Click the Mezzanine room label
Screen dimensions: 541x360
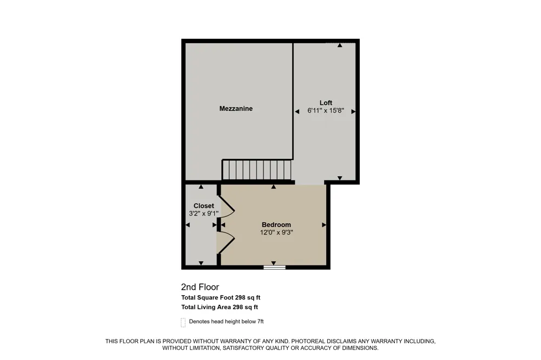pyautogui.click(x=236, y=109)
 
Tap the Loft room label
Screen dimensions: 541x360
pyautogui.click(x=326, y=103)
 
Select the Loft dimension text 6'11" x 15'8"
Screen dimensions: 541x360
pyautogui.click(x=326, y=111)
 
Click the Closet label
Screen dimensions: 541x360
pyautogui.click(x=203, y=206)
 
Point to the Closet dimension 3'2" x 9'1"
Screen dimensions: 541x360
pyautogui.click(x=203, y=214)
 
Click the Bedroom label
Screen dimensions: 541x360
pyautogui.click(x=276, y=225)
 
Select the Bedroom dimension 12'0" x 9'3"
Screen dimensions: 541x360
pyautogui.click(x=276, y=232)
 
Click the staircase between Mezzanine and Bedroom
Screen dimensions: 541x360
pyautogui.click(x=256, y=170)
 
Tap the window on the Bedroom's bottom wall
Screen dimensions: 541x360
pyautogui.click(x=274, y=267)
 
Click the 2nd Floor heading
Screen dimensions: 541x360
pyautogui.click(x=200, y=287)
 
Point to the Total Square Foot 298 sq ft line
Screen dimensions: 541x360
pyautogui.click(x=221, y=298)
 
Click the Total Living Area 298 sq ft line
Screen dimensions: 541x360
pyautogui.click(x=220, y=307)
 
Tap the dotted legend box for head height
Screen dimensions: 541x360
pyautogui.click(x=183, y=322)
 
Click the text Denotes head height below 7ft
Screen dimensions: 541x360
pyautogui.click(x=226, y=322)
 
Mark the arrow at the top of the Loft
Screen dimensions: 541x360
pyautogui.click(x=340, y=45)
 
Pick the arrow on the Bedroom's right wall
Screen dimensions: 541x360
pyautogui.click(x=324, y=225)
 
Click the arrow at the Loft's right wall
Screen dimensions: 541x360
pyautogui.click(x=353, y=111)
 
